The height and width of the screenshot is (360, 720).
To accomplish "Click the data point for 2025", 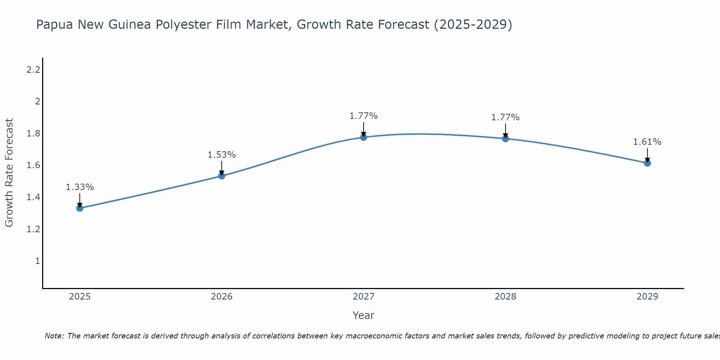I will [x=80, y=208].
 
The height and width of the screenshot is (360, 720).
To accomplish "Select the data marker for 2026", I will [x=222, y=176].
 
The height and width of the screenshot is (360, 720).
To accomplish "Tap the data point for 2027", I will [x=364, y=137].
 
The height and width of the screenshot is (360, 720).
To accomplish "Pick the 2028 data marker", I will [x=505, y=139].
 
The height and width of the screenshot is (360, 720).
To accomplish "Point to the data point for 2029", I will [x=647, y=163].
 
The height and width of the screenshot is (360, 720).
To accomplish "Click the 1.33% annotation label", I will [x=80, y=187].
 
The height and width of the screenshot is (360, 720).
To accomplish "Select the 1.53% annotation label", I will [x=222, y=155].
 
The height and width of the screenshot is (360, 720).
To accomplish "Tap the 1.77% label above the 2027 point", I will [x=364, y=116].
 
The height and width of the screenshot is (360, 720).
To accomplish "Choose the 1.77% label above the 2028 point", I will [x=505, y=117].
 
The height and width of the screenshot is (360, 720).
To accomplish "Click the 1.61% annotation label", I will [x=647, y=142].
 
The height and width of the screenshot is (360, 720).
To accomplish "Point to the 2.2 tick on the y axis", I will [x=33, y=69].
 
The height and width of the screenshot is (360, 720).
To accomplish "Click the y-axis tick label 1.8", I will [x=33, y=134].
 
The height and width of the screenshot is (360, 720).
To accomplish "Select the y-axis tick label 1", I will [x=37, y=261].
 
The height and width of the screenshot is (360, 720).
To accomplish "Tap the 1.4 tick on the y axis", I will [x=33, y=197].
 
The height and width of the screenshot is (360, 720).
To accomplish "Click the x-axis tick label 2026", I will [x=222, y=297].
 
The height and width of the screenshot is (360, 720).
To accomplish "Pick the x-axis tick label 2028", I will [x=505, y=297].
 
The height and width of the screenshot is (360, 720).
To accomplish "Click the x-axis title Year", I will [x=364, y=315].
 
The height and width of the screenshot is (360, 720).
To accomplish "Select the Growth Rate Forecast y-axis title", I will [x=9, y=173].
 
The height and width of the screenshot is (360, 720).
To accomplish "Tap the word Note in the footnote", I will [x=54, y=336].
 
